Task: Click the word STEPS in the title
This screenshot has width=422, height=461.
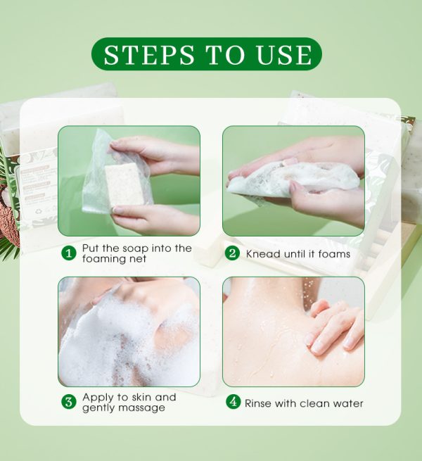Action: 149,55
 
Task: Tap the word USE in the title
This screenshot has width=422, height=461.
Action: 284,55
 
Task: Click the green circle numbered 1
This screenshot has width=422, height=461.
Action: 69,253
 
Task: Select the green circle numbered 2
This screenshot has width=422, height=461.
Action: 233,253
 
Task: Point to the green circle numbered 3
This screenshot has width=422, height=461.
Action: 69,402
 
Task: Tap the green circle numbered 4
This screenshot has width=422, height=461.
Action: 233,402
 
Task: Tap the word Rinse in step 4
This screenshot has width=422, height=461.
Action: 257,403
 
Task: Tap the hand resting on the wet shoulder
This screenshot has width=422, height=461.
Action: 335,327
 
